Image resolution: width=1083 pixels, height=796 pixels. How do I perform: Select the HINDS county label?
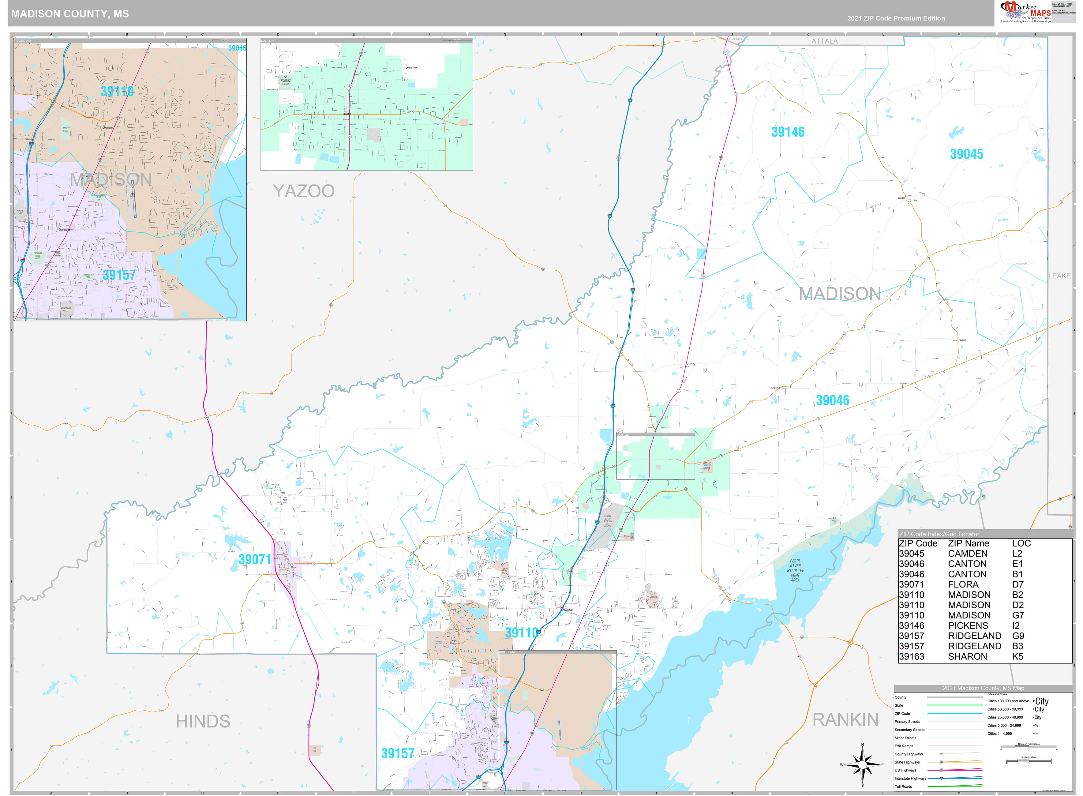point(203,721)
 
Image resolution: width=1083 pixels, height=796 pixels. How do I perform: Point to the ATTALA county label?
point(824,41)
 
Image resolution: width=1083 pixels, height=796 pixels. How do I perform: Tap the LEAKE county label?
point(1059,276)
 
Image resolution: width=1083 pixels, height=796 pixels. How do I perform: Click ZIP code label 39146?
point(788,132)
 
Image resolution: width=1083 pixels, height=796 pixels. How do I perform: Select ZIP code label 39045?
point(966,154)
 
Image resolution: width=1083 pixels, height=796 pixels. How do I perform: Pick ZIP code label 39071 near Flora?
point(255,559)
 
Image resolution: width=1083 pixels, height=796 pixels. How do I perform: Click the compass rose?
point(862,765)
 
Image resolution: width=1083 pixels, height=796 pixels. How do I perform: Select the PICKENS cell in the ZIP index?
point(968,625)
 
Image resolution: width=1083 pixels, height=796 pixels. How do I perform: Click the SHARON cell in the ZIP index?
point(967,656)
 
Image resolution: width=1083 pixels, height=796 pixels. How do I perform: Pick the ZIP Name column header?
point(968,543)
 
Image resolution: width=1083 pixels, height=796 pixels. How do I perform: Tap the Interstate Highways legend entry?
point(911,778)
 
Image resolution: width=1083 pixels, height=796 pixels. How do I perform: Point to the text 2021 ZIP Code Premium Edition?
point(896,18)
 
